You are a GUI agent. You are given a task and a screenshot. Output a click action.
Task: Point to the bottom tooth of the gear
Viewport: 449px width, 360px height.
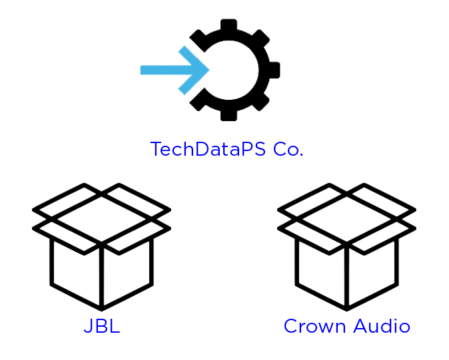pyautogui.click(x=228, y=116)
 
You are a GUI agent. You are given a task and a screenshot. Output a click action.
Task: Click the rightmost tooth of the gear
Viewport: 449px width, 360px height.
pyautogui.click(x=275, y=69)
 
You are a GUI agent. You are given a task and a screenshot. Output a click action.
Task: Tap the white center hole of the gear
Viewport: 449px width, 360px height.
pyautogui.click(x=230, y=69)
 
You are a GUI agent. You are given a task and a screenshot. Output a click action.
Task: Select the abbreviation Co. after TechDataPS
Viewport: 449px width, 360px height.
pyautogui.click(x=288, y=149)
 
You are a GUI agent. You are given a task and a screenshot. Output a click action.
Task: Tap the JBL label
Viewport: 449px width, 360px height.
pyautogui.click(x=101, y=327)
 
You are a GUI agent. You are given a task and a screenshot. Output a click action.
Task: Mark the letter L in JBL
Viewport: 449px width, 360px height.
pyautogui.click(x=115, y=327)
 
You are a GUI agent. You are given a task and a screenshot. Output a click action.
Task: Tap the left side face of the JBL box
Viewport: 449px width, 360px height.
pyautogui.click(x=76, y=273)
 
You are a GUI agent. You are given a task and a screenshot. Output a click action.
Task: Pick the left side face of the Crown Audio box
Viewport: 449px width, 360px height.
pyautogui.click(x=321, y=273)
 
